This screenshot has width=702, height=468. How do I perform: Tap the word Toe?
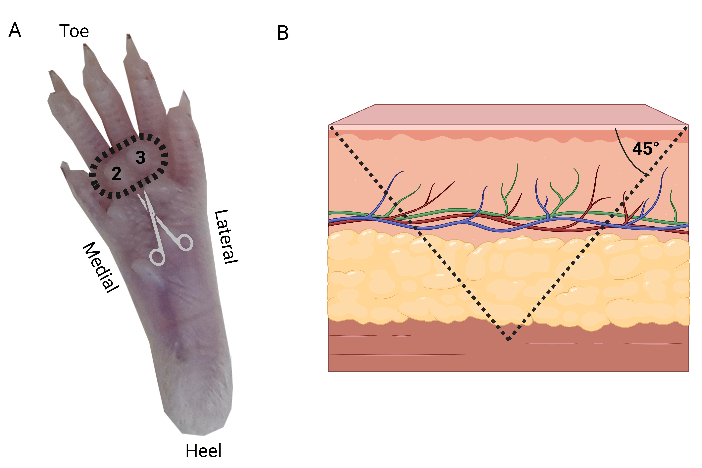coord(74,31)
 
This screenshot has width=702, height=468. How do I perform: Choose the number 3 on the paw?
coord(140,157)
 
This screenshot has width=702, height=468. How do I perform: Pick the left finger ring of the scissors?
coord(157,258)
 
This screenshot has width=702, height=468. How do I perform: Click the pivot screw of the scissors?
coord(153,214)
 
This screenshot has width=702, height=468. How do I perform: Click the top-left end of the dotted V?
coord(331,128)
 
